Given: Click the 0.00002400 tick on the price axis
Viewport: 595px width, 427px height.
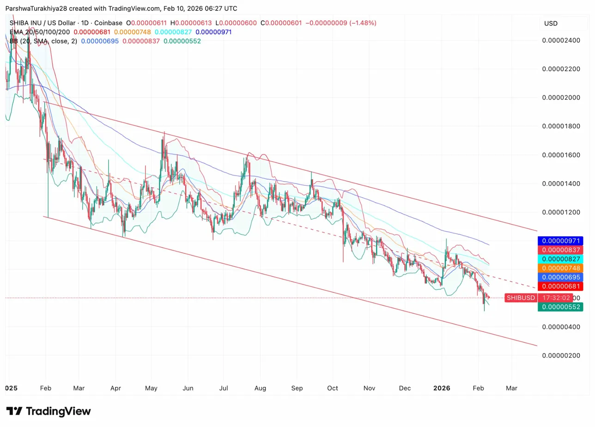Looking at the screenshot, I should (561, 40).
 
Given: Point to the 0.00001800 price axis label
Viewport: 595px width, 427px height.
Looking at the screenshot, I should (561, 126).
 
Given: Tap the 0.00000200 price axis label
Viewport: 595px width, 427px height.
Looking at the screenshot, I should (561, 355).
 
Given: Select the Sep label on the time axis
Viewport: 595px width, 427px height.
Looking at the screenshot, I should (297, 388).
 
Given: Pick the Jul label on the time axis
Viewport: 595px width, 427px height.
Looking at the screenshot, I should (224, 388).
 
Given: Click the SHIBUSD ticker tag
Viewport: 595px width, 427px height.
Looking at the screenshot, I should (521, 298).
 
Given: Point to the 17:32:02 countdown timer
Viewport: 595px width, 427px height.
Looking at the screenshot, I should (556, 298).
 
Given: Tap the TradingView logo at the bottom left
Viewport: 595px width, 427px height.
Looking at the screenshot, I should (49, 411).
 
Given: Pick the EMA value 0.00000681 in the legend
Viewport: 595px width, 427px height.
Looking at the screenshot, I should (92, 32).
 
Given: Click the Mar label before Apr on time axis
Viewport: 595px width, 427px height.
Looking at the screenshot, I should (79, 388).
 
